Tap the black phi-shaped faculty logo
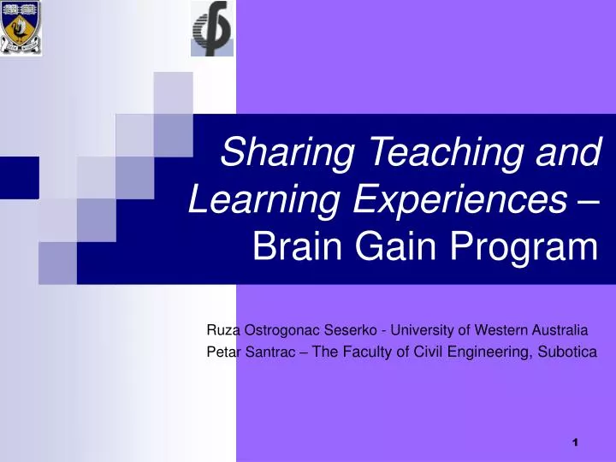tap(211, 28)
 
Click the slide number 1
tap(576, 442)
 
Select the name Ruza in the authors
tap(224, 329)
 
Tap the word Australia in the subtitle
tap(560, 329)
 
